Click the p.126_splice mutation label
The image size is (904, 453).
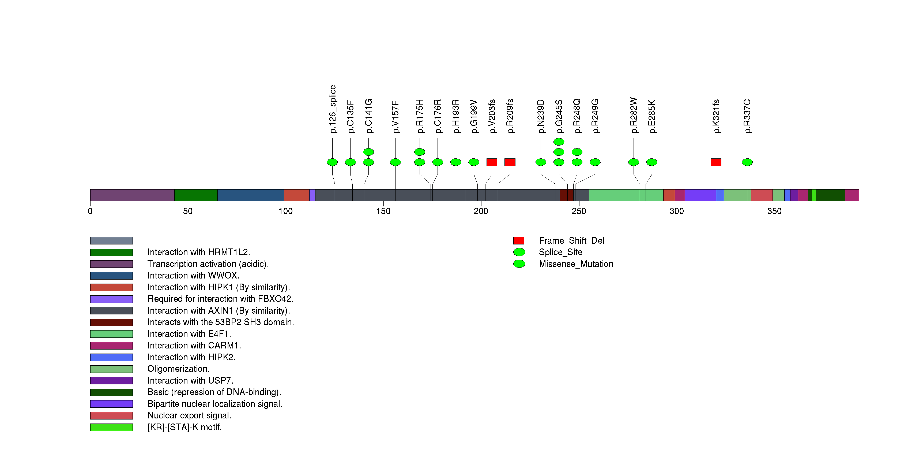pyautogui.click(x=333, y=109)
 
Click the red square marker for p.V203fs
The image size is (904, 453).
pyautogui.click(x=492, y=162)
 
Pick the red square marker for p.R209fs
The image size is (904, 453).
pyautogui.click(x=510, y=162)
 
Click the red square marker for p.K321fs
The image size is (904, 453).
pyautogui.click(x=716, y=162)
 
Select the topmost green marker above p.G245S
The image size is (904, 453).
pyautogui.click(x=559, y=142)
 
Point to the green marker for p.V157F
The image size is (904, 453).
pyautogui.click(x=395, y=162)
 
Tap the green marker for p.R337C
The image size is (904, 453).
pyautogui.click(x=747, y=162)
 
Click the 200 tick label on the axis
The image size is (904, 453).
pyautogui.click(x=481, y=211)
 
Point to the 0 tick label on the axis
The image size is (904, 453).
pyautogui.click(x=90, y=211)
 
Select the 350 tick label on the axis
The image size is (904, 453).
pyautogui.click(x=774, y=211)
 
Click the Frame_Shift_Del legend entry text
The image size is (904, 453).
pyautogui.click(x=571, y=240)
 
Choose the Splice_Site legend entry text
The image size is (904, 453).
pyautogui.click(x=560, y=252)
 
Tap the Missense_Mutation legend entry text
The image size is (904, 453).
pyautogui.click(x=576, y=264)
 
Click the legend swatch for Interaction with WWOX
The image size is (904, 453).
pyautogui.click(x=111, y=276)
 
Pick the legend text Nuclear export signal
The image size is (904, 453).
pyautogui.click(x=189, y=415)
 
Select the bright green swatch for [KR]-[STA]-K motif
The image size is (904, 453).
pyautogui.click(x=111, y=427)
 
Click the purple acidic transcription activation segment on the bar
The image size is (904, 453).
pyautogui.click(x=132, y=195)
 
